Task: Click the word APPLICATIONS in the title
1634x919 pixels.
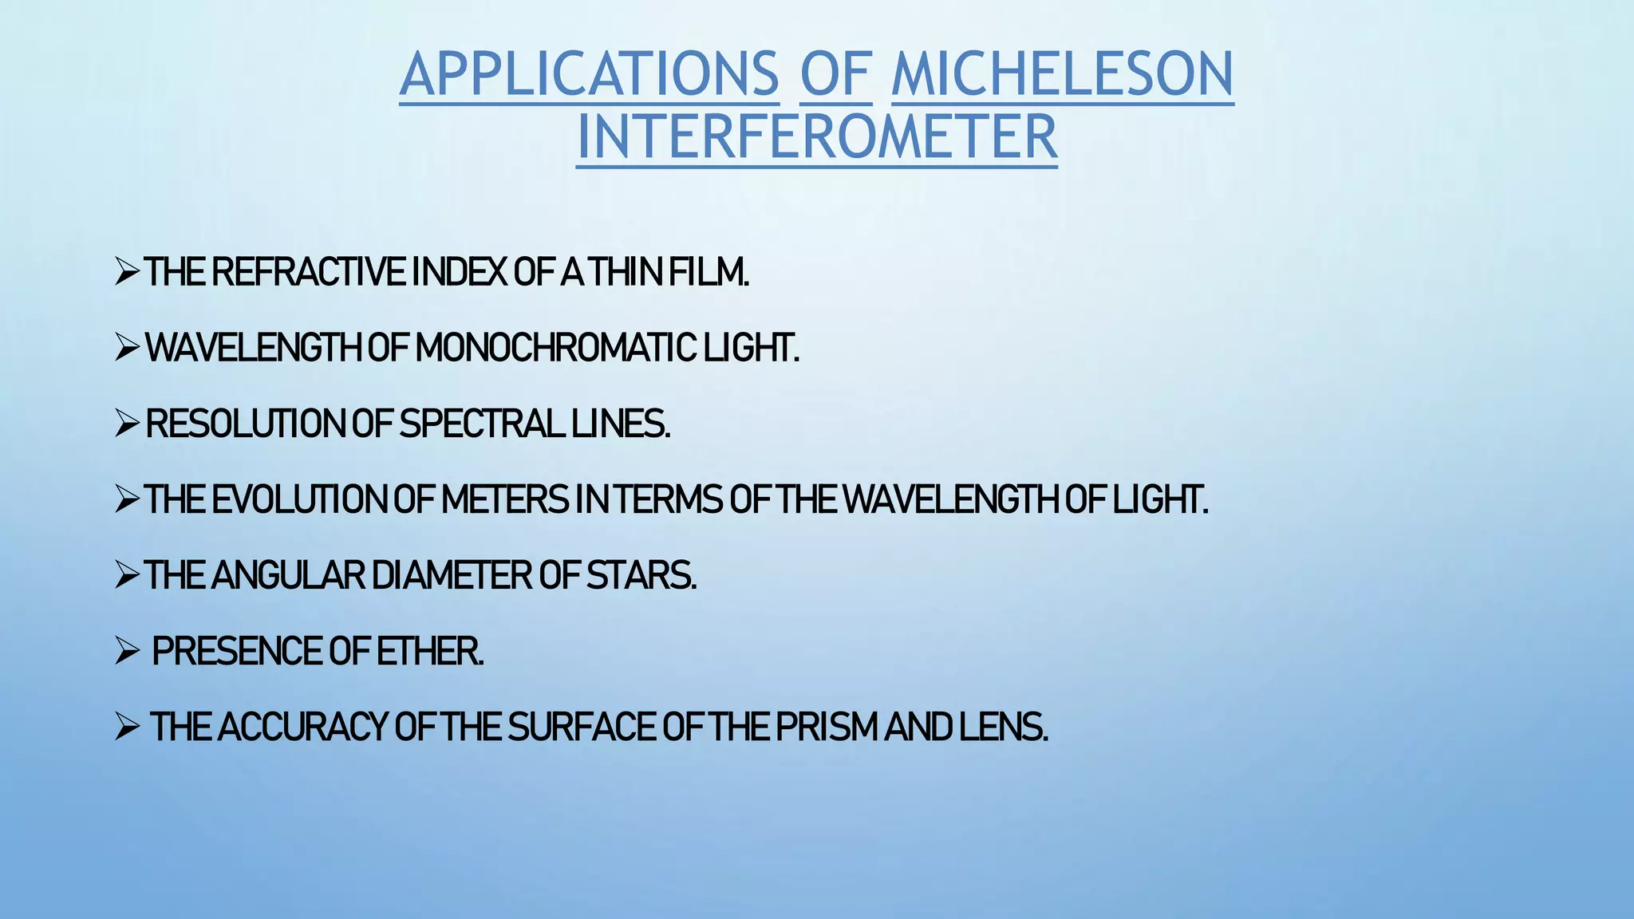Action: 589,74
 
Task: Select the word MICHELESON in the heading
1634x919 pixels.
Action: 1062,74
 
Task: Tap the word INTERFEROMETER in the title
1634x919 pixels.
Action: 816,137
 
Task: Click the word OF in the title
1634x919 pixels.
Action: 836,74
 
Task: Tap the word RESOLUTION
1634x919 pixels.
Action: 245,424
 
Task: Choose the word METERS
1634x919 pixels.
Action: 504,499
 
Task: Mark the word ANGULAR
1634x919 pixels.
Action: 288,575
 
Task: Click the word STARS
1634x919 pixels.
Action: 641,575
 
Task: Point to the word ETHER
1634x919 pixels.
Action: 429,651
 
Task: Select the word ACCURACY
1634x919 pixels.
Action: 302,727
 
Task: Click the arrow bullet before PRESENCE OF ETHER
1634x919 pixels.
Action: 128,651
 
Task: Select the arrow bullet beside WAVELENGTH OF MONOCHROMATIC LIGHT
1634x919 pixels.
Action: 128,348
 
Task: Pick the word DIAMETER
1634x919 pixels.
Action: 452,575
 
